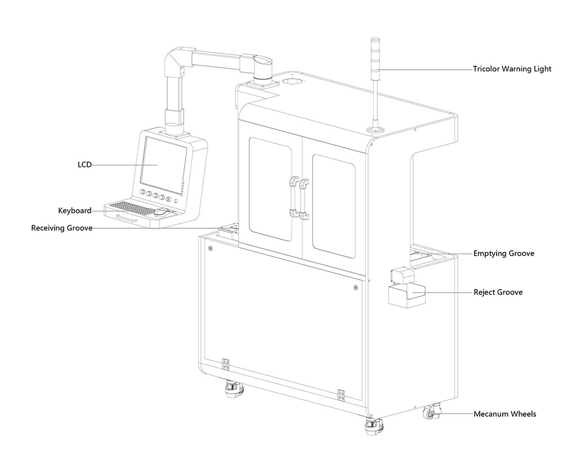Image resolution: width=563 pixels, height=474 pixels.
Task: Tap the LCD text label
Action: click(84, 165)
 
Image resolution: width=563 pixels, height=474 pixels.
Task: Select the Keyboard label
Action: click(75, 211)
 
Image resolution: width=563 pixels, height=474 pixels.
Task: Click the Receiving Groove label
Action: click(61, 228)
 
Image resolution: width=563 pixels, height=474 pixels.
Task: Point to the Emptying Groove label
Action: click(503, 254)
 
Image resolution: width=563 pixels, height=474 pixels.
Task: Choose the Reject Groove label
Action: click(498, 292)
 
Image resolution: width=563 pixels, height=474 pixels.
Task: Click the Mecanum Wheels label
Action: click(504, 414)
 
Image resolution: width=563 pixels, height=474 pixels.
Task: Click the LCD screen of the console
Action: click(164, 163)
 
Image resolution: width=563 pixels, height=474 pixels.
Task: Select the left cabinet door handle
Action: click(293, 197)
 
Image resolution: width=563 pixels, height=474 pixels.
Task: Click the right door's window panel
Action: click(334, 205)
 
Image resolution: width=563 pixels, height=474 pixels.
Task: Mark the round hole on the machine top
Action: click(292, 82)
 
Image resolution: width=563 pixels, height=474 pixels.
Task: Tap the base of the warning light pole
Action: click(374, 131)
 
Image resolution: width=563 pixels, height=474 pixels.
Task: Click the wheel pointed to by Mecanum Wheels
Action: click(431, 413)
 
